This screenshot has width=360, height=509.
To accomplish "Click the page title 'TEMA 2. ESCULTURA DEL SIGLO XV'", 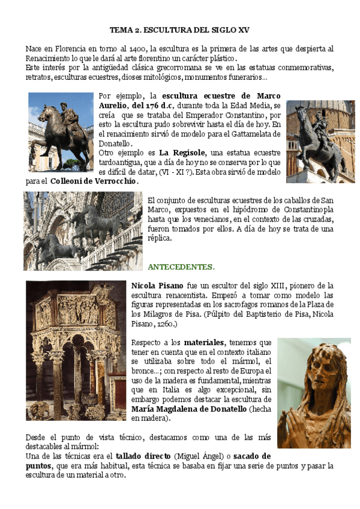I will click(x=179, y=29).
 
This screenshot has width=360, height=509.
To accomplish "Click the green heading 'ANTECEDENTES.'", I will click(x=181, y=266).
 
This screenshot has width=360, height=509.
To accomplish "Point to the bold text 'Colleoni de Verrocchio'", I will click(x=94, y=181).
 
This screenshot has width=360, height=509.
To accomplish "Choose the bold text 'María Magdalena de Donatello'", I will click(x=188, y=409).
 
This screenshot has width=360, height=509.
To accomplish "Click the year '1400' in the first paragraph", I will click(x=136, y=49).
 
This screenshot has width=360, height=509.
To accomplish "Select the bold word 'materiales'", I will click(x=205, y=342).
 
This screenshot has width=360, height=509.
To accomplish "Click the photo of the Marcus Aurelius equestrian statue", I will click(x=60, y=131).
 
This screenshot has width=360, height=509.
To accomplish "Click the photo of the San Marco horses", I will click(x=83, y=231).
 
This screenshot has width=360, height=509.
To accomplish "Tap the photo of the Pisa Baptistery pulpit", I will click(x=76, y=350).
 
